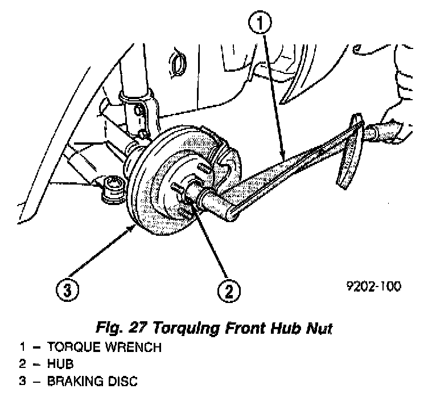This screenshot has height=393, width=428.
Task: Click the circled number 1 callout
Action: coord(260,24)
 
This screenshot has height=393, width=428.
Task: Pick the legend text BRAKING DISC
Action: coord(93,380)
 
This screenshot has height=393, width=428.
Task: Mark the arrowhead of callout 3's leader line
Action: coord(134,227)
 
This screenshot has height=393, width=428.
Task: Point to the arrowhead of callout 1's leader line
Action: coord(282,157)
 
